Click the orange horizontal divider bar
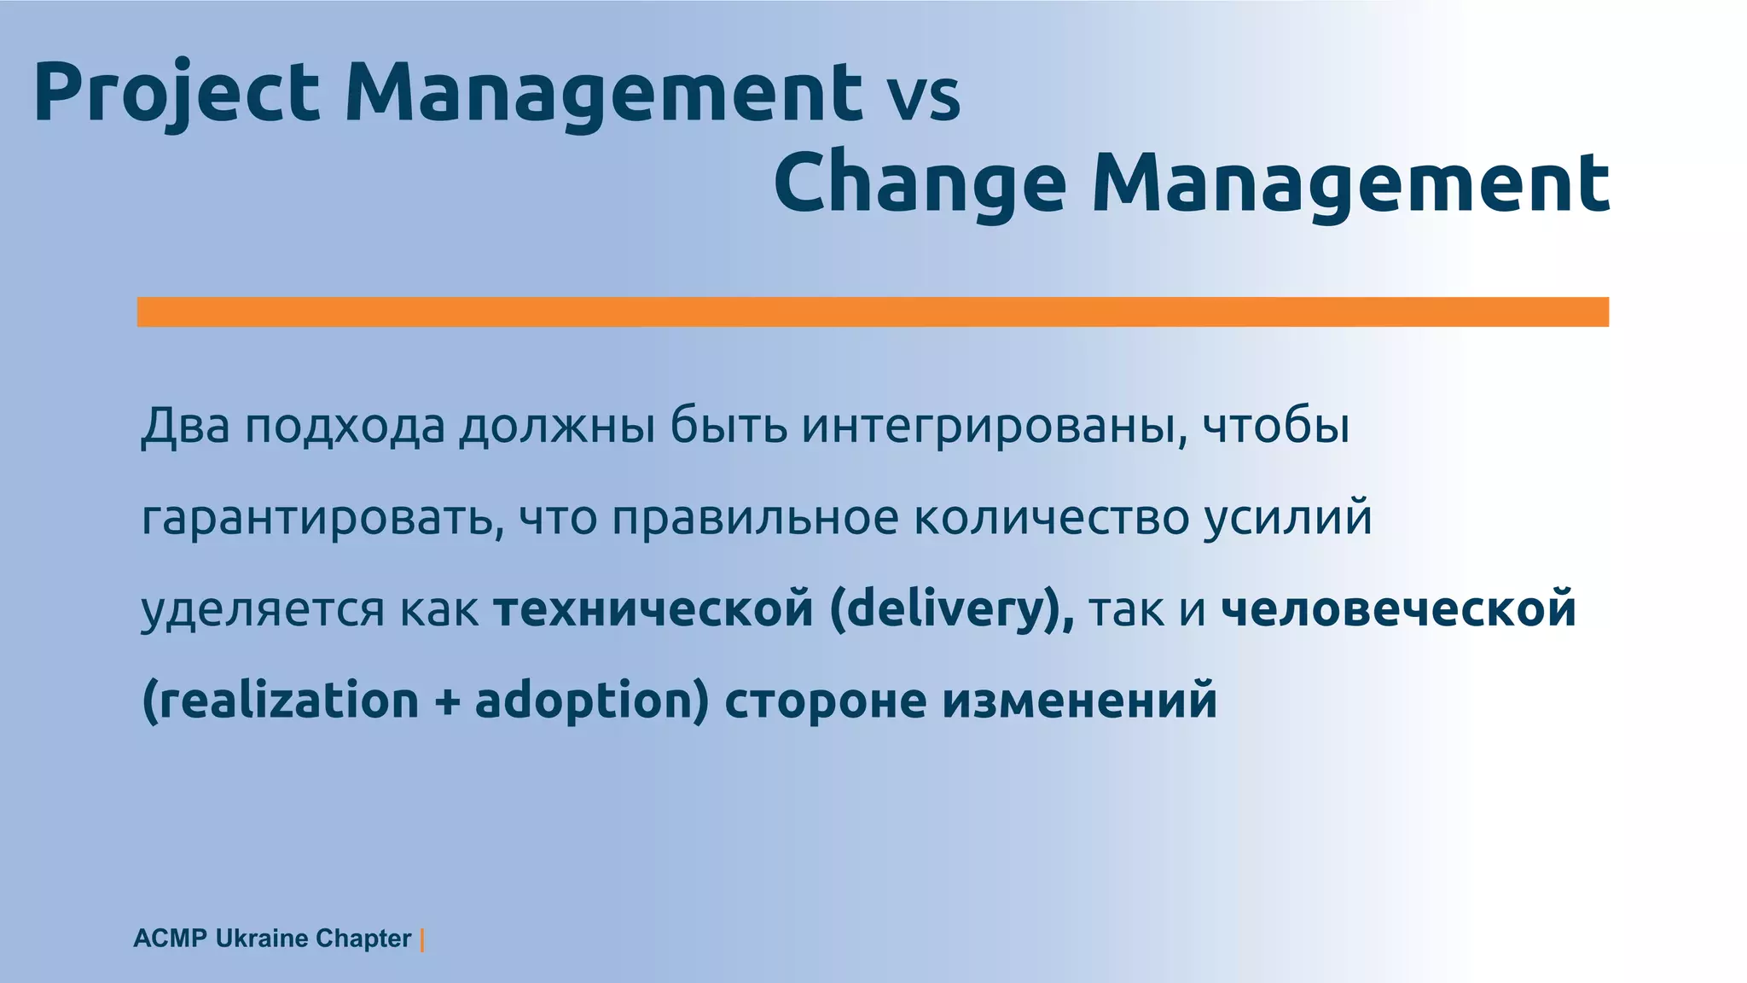(872, 311)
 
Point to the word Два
(185, 425)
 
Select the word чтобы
(1276, 425)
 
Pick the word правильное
(755, 518)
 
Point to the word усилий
(1288, 518)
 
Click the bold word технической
(653, 609)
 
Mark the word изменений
(1079, 701)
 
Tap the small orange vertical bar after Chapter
(422, 939)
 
